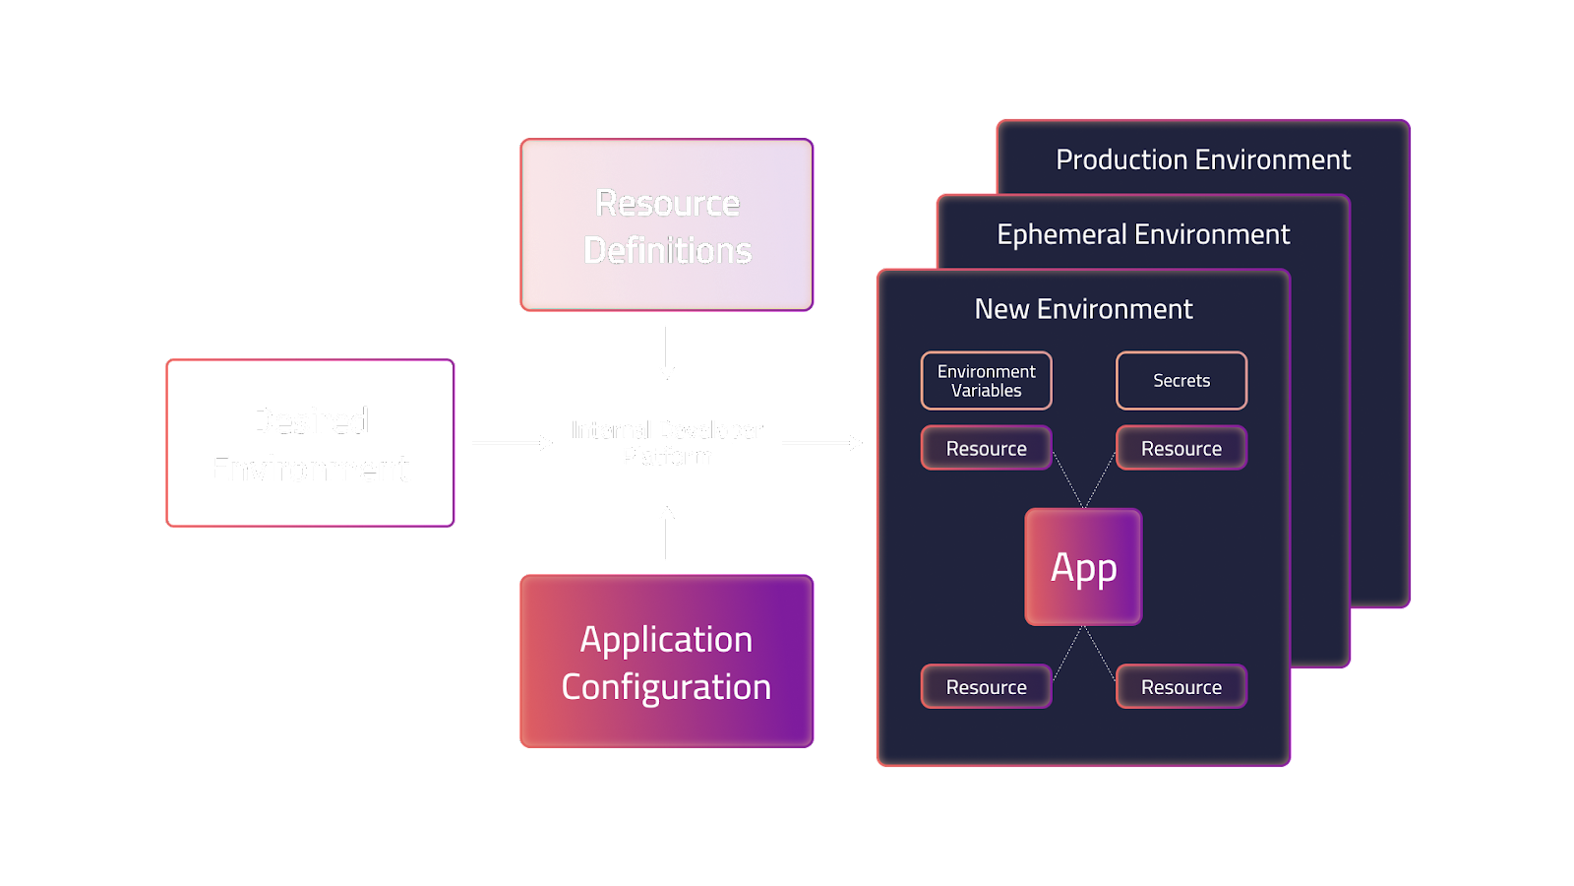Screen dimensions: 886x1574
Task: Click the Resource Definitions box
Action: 667,225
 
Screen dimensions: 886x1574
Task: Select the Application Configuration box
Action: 667,662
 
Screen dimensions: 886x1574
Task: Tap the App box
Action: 1083,567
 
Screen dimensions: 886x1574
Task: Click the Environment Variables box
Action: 986,381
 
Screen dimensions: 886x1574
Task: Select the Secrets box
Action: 1181,381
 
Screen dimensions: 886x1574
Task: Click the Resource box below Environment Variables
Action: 986,449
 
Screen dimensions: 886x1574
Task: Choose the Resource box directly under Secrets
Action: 1181,449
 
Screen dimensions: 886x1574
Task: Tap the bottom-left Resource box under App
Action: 986,687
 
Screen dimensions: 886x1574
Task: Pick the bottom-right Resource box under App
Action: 1181,687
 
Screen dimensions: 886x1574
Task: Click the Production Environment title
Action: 1203,159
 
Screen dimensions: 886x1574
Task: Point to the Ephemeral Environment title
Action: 1142,234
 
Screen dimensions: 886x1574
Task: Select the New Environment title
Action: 1083,309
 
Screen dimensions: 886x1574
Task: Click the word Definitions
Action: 667,251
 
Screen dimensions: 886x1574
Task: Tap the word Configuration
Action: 666,687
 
